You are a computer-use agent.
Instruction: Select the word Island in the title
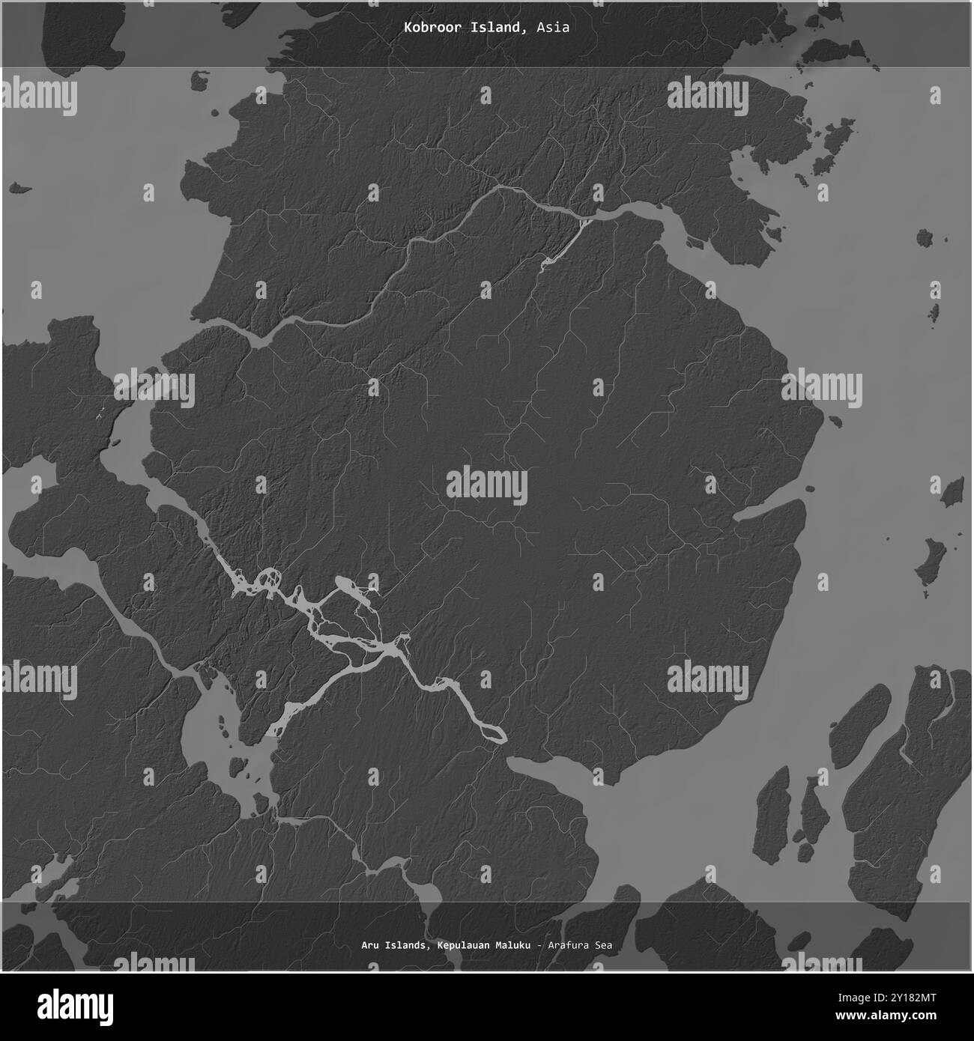497,28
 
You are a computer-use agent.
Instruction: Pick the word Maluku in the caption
511,945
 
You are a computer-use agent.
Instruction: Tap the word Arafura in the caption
570,945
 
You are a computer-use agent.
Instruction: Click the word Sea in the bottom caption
604,945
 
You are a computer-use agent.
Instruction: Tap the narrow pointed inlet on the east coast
764,513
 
